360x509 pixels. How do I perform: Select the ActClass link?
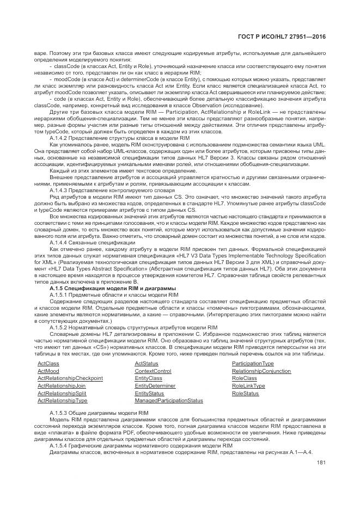(x=48, y=363)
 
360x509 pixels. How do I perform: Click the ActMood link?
(x=48, y=371)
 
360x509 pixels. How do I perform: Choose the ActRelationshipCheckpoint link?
(x=70, y=378)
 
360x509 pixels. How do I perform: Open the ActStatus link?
(x=147, y=363)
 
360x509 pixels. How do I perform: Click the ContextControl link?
(x=153, y=371)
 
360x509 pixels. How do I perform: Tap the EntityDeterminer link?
(x=155, y=385)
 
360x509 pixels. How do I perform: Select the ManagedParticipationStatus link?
(x=169, y=401)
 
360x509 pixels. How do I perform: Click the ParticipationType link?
(x=253, y=363)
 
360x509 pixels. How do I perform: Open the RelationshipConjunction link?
(x=261, y=371)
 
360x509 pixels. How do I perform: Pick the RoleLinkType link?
(x=248, y=385)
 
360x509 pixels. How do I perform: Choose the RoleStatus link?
(x=246, y=393)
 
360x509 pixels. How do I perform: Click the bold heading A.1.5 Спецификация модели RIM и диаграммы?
(x=112, y=288)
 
